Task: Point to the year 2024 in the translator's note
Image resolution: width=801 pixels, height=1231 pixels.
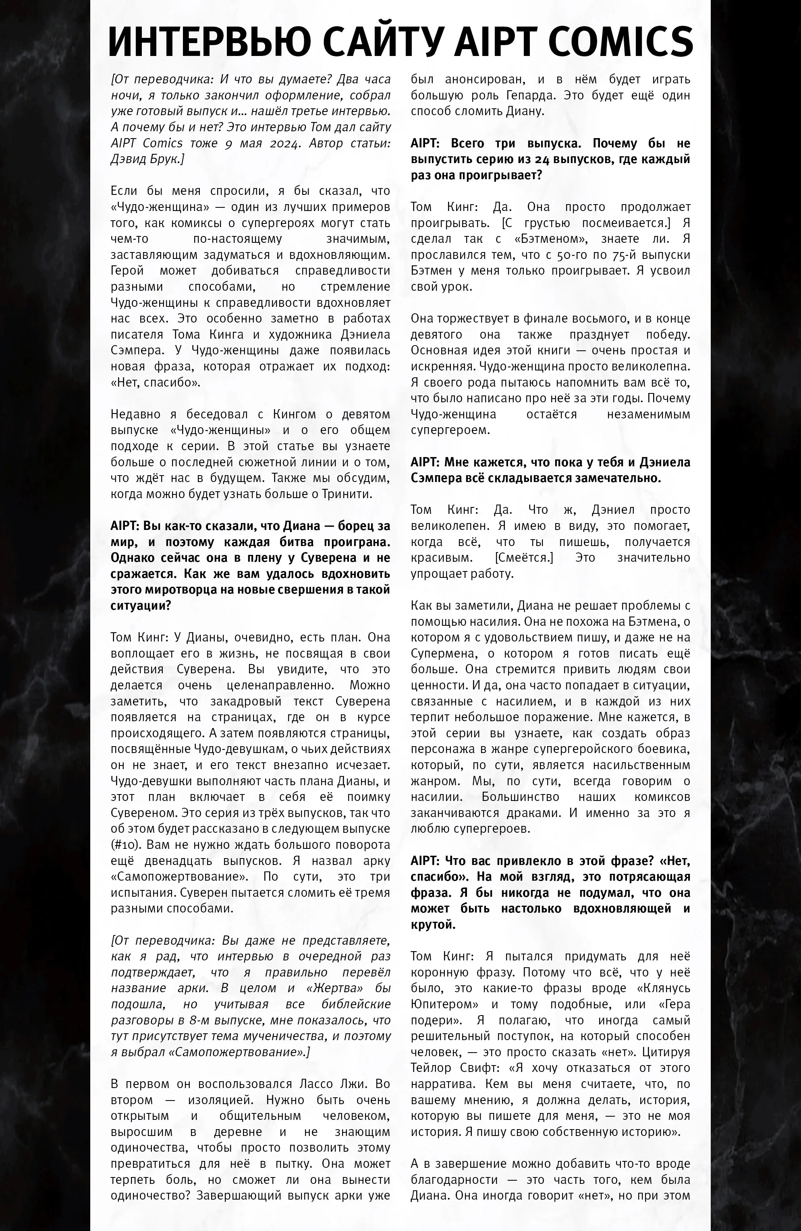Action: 284,143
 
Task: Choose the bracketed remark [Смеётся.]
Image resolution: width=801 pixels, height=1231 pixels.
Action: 524,558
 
